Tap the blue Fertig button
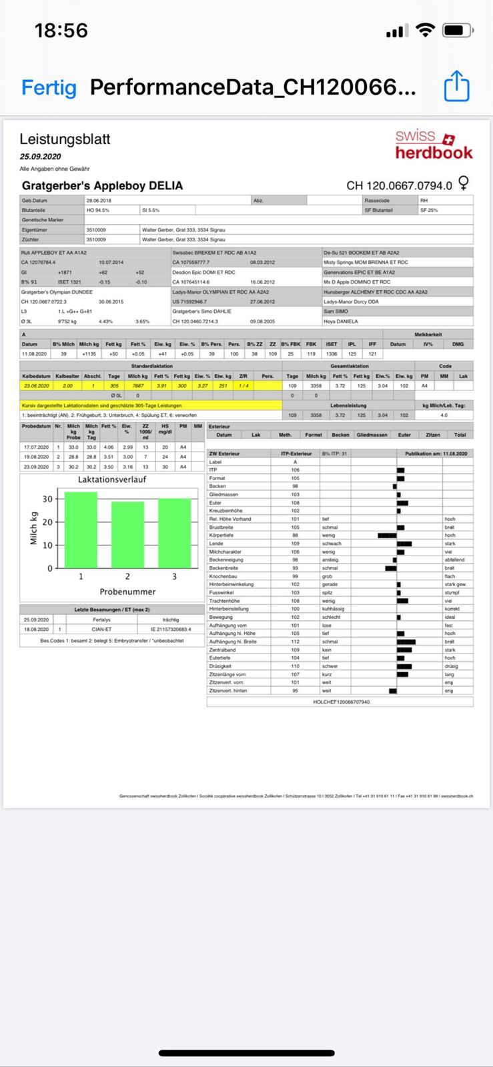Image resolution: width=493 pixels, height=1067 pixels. click(49, 87)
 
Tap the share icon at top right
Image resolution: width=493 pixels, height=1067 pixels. click(457, 87)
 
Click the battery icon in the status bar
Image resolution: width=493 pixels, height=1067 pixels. click(458, 31)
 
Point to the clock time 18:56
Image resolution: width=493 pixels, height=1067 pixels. click(61, 31)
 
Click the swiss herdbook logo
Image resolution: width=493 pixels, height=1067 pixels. click(434, 145)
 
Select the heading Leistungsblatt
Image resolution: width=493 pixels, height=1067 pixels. click(65, 139)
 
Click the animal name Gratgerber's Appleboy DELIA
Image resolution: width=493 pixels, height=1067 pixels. click(102, 185)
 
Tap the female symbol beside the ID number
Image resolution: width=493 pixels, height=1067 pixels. click(464, 183)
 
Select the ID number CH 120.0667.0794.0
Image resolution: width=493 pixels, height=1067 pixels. click(399, 185)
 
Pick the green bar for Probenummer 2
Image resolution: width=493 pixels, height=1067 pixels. click(127, 535)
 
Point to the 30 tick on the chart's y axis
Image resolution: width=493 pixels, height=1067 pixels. click(47, 499)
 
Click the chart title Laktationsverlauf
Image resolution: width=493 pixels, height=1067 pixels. click(111, 479)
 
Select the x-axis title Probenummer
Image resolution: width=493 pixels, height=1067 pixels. click(127, 592)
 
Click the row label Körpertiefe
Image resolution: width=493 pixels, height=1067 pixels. click(221, 536)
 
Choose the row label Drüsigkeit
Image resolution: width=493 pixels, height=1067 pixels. click(221, 666)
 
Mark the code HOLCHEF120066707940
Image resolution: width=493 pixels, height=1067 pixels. click(341, 702)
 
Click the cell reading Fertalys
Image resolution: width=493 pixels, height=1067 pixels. click(101, 620)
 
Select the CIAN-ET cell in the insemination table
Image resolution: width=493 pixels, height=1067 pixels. click(102, 629)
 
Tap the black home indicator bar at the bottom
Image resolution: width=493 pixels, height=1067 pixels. click(246, 1053)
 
